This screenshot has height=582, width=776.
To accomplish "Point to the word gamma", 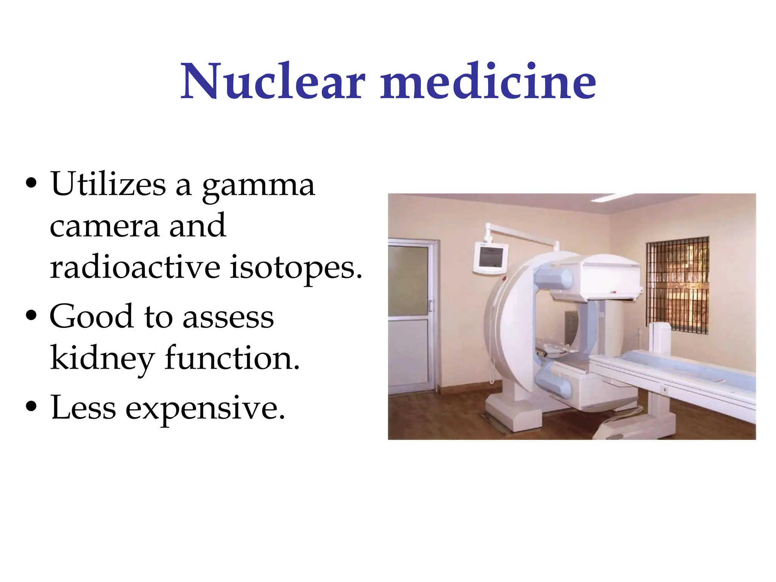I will [x=258, y=186].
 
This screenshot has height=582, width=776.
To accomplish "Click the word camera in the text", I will [x=104, y=226].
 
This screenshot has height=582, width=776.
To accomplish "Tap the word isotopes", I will [x=296, y=268].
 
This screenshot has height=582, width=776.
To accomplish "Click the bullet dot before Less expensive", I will [x=31, y=406].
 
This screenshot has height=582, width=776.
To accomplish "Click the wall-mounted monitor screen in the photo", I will [x=491, y=257].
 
